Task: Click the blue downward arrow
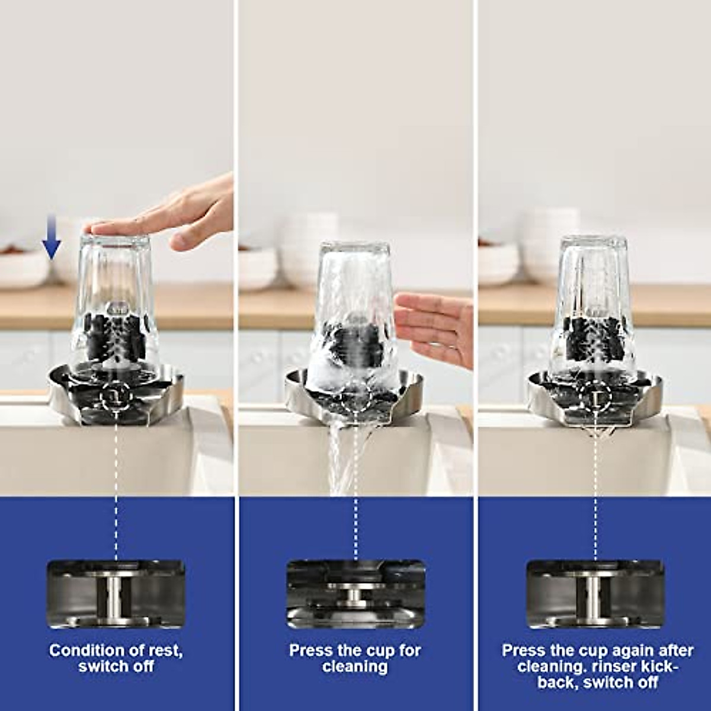52,244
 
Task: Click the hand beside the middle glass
435,326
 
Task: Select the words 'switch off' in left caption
116,666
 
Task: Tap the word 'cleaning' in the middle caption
355,666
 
